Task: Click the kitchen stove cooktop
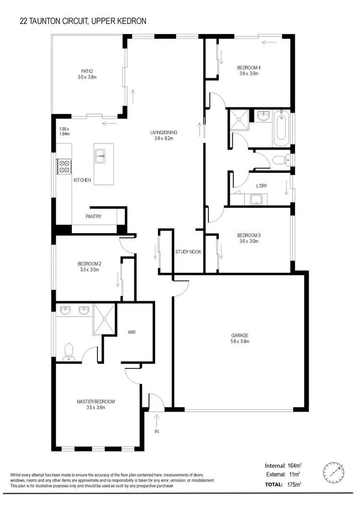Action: pyautogui.click(x=64, y=166)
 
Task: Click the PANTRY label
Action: pyautogui.click(x=93, y=216)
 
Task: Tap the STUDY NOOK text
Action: pyautogui.click(x=188, y=251)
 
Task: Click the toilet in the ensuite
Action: pyautogui.click(x=68, y=351)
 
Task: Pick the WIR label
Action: pyautogui.click(x=133, y=331)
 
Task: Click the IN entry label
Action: pyautogui.click(x=156, y=432)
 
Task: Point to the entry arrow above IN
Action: pyautogui.click(x=156, y=420)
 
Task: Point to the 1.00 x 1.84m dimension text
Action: pyautogui.click(x=64, y=131)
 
